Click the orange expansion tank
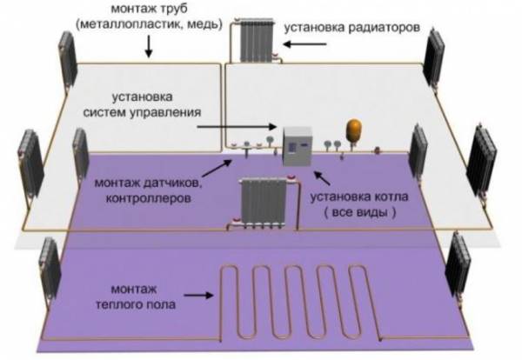(x=353, y=130)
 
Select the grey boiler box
(x=297, y=146)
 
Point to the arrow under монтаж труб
(x=149, y=46)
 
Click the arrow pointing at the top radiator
(x=304, y=44)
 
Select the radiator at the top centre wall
(x=257, y=41)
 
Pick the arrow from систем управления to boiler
(x=237, y=126)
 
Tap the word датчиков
(x=173, y=183)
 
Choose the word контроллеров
(x=149, y=198)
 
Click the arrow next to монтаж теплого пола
(x=198, y=295)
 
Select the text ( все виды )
(x=360, y=212)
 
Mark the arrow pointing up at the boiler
(x=322, y=177)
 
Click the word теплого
(x=120, y=304)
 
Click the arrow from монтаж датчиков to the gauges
(x=217, y=168)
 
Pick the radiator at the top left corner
(x=68, y=59)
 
